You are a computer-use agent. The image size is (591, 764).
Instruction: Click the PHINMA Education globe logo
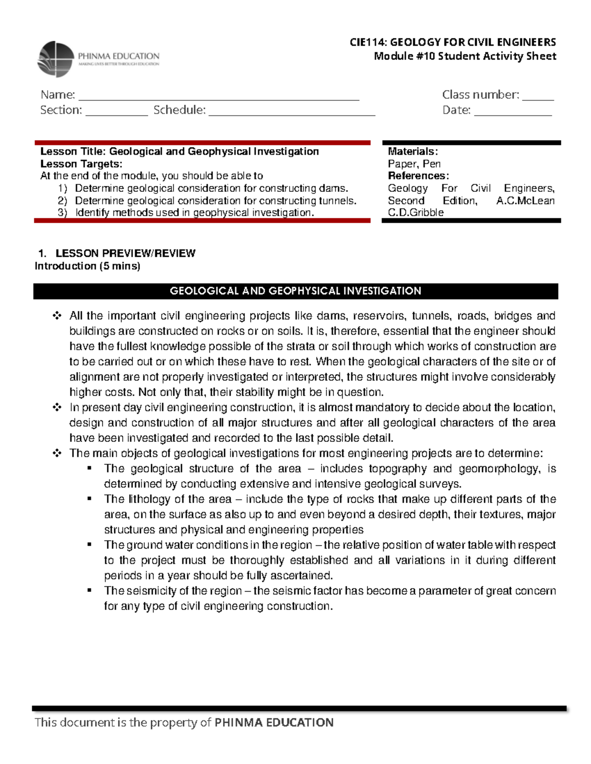pos(56,59)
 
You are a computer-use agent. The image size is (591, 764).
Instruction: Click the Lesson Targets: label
pos(81,164)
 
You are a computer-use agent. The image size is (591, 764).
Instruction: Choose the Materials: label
pos(412,152)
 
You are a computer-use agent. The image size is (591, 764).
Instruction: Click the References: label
pos(418,176)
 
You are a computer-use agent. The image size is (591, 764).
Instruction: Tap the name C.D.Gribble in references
pos(416,213)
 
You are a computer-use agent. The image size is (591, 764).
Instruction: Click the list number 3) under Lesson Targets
pos(63,213)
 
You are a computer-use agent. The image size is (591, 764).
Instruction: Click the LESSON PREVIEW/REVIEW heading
pos(125,253)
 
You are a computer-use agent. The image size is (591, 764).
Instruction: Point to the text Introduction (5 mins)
pos(88,266)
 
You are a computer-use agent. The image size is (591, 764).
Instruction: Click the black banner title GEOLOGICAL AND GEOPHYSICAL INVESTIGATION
pos(295,291)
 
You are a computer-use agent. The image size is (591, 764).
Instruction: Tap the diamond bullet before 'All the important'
pos(57,315)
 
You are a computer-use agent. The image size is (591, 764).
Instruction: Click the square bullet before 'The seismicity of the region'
pos(90,590)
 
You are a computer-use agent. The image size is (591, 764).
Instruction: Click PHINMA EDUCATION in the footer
pos(274,722)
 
